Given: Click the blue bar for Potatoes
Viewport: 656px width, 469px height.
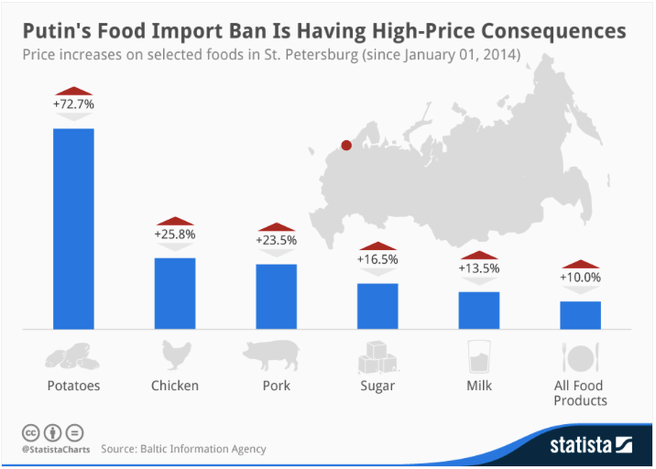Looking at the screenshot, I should (73, 228).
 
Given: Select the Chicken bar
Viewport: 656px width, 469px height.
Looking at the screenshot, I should (174, 292).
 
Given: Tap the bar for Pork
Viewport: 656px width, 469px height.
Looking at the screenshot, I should (276, 296).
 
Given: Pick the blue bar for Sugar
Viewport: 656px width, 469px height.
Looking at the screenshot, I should (377, 305).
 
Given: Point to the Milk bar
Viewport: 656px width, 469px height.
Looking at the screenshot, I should (479, 310).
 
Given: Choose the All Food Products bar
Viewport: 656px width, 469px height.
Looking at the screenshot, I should (581, 314).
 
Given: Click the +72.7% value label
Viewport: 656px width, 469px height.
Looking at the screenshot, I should (73, 104).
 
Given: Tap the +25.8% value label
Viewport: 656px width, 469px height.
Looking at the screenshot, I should (174, 234).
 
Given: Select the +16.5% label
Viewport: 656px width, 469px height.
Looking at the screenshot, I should (377, 259).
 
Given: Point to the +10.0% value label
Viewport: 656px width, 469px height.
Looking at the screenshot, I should (581, 278).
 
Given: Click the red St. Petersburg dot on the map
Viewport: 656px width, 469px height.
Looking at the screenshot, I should (346, 145).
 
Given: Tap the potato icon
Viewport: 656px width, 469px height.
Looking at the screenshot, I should (72, 356).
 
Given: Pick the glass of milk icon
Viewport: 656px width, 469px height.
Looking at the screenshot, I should (478, 355).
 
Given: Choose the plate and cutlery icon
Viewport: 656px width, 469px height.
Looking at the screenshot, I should (580, 355).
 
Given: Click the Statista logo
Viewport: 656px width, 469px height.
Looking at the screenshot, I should (591, 446).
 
